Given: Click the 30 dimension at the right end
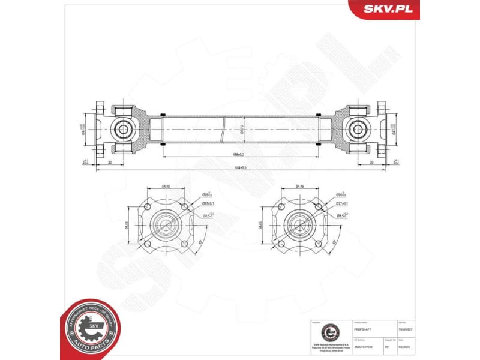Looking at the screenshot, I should pyautogui.click(x=371, y=161).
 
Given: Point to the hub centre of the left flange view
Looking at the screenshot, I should pyautogui.click(x=164, y=226).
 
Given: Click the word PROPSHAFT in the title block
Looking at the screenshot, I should pyautogui.click(x=364, y=330).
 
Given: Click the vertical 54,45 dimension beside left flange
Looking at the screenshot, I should pyautogui.click(x=127, y=226).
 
